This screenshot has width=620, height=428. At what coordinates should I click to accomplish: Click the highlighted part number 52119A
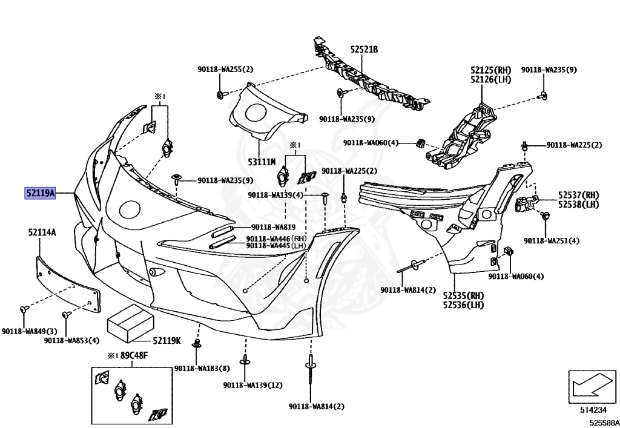click(x=40, y=194)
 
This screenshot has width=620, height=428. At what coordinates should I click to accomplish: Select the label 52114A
click(x=42, y=232)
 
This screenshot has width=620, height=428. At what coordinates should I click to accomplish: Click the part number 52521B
click(x=363, y=49)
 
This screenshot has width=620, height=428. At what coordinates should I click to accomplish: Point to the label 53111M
click(x=262, y=162)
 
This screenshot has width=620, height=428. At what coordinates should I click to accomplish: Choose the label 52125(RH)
click(x=491, y=70)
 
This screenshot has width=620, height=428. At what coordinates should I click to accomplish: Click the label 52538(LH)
click(x=578, y=205)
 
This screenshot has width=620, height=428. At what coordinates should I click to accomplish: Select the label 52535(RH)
click(x=463, y=295)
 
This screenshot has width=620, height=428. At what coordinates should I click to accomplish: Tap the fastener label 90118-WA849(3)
click(x=29, y=331)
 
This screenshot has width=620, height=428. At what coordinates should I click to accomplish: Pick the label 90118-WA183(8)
click(x=202, y=368)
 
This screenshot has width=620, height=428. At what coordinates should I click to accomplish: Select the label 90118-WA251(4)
click(x=552, y=240)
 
